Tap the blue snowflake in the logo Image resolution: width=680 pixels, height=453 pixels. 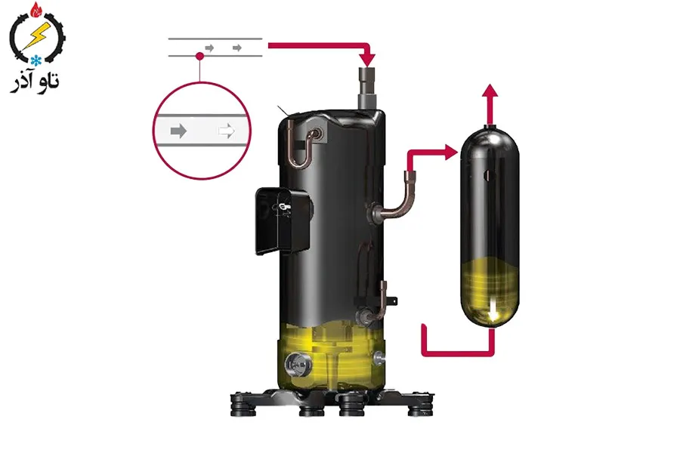point(36,60)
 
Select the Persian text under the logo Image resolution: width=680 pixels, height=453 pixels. point(35,82)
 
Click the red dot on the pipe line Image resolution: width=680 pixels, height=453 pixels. point(199,56)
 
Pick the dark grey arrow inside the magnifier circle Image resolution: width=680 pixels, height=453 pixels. point(178,131)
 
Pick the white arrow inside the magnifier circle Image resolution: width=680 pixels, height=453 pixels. point(227,131)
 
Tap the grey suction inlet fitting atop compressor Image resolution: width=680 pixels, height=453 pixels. point(368,88)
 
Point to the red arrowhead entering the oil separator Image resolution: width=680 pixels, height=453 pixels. point(452,153)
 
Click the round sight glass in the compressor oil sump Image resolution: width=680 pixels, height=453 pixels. point(298,365)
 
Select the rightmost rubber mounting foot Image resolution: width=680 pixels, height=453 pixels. point(420,406)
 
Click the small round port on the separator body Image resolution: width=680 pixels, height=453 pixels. point(490,176)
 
